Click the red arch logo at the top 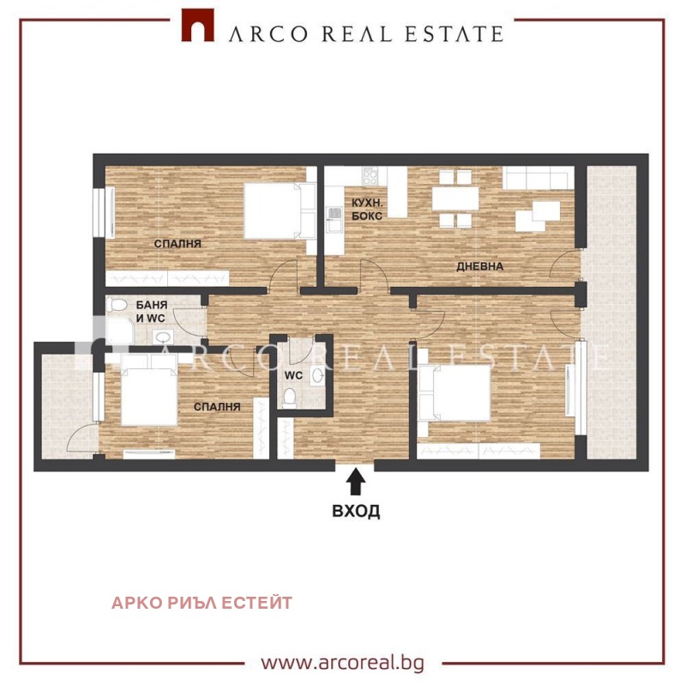point(198,26)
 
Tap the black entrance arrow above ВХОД point(356,482)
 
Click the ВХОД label point(356,511)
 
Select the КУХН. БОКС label point(367,209)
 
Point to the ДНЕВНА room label point(480,266)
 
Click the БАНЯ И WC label point(152,312)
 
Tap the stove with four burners point(370,177)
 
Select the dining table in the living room point(455,199)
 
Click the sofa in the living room point(539,178)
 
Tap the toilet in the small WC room point(289,398)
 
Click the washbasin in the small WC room point(317,376)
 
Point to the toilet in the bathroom point(117,304)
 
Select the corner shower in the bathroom point(120,330)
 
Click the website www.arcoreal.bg point(342,662)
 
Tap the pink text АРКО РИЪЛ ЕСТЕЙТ point(202,603)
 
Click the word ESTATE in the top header point(454,33)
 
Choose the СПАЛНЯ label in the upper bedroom point(178,244)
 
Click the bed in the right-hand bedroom point(454,393)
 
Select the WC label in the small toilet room point(293,375)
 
